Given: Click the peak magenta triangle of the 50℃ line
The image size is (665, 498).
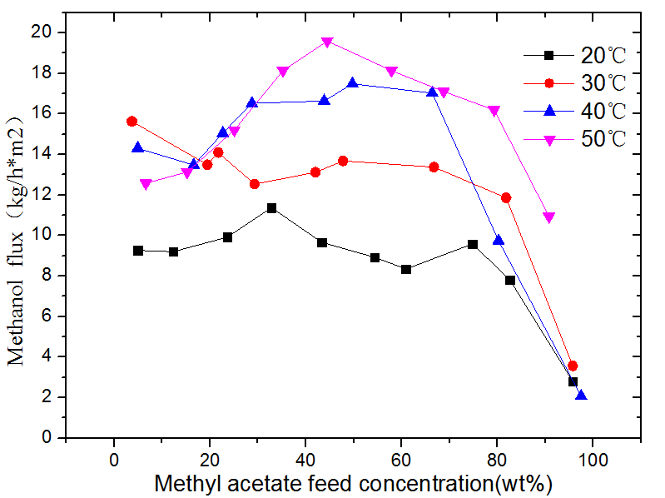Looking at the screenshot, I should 328,42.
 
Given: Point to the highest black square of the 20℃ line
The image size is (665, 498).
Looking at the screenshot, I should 271,207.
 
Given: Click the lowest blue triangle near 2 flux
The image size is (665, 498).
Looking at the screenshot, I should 581,396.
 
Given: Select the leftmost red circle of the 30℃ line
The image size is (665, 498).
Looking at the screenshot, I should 132,121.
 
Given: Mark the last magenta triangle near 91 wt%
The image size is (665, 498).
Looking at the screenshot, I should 548,217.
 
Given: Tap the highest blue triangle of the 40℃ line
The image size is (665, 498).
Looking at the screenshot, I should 353,82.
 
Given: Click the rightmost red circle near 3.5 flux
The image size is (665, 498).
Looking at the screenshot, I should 573,366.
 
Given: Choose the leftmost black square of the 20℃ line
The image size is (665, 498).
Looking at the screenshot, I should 138,251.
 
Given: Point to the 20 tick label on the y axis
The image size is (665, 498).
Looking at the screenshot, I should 88,32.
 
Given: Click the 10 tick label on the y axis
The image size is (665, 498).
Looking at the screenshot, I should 88,235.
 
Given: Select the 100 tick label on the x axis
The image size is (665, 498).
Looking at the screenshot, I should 592,457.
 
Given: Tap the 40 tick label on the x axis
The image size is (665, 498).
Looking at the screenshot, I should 305,457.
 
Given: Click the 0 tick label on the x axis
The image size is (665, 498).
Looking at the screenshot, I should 113,457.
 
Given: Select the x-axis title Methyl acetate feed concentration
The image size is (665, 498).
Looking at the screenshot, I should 354,481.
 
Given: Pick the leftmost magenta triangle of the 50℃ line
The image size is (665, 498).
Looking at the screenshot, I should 146,184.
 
